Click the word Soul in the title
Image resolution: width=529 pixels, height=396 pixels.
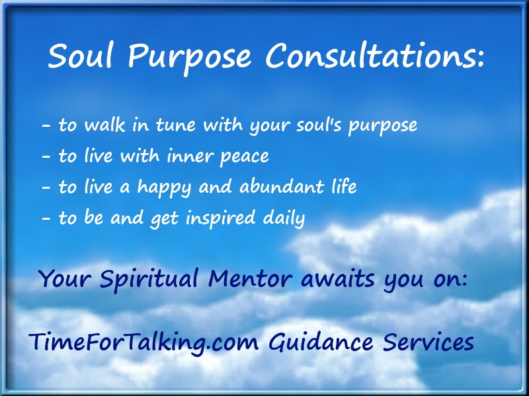[79, 56]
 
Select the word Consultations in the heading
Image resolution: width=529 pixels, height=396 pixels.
[369, 56]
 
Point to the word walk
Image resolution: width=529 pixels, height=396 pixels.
[104, 125]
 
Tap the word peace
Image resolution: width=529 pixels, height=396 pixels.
[245, 157]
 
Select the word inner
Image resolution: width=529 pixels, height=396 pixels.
[190, 156]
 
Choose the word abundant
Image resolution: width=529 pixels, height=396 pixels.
[282, 187]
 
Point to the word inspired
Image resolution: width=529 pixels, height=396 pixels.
[221, 218]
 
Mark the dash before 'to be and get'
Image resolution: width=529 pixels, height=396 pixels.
[46, 219]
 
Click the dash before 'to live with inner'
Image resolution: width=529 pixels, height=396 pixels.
[46, 157]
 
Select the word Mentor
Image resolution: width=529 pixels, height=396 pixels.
[250, 279]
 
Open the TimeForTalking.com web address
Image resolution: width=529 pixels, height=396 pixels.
[143, 343]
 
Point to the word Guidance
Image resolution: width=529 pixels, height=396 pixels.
[321, 342]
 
